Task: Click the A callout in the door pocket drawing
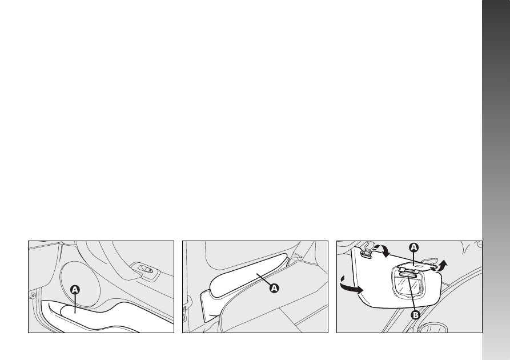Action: [75, 290]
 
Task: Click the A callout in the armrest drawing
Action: [274, 288]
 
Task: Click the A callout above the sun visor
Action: [413, 247]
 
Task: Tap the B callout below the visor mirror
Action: [416, 315]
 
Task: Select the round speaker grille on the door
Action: [80, 284]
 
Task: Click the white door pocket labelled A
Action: [98, 317]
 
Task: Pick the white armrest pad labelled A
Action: [249, 275]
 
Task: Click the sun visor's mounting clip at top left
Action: [367, 251]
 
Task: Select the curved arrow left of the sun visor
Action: [351, 286]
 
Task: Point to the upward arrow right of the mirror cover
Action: [441, 266]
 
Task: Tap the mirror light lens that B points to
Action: [406, 275]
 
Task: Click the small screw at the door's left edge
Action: [33, 295]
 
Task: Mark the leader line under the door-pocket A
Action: [75, 303]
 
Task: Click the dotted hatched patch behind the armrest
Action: [296, 256]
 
